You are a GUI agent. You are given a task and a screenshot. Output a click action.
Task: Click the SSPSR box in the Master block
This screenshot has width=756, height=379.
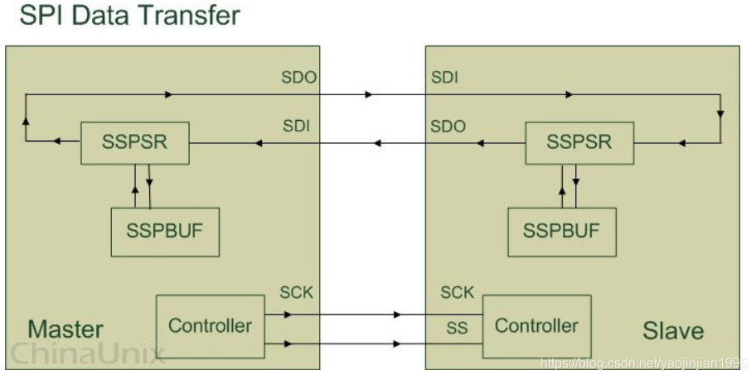pyautogui.click(x=134, y=142)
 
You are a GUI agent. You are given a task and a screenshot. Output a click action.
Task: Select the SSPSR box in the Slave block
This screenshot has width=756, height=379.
pyautogui.click(x=579, y=142)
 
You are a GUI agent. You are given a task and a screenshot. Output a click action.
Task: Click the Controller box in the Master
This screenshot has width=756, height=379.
pyautogui.click(x=210, y=325)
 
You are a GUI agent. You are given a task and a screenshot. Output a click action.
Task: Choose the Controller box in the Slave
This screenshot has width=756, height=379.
pyautogui.click(x=536, y=325)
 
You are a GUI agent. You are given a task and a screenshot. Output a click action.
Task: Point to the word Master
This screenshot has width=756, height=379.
pyautogui.click(x=65, y=329)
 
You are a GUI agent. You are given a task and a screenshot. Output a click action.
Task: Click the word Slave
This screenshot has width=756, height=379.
pyautogui.click(x=673, y=331)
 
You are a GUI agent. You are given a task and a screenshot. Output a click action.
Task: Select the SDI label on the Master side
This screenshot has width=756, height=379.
pyautogui.click(x=298, y=127)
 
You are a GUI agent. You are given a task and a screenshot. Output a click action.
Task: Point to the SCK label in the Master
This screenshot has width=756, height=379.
pyautogui.click(x=298, y=293)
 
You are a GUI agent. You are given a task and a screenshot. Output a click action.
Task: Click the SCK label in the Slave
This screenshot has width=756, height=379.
pyautogui.click(x=457, y=293)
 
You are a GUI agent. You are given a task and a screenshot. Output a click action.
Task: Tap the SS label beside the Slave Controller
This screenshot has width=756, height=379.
pyautogui.click(x=457, y=329)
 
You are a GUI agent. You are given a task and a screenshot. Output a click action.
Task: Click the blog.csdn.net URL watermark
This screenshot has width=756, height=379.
pyautogui.click(x=643, y=362)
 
